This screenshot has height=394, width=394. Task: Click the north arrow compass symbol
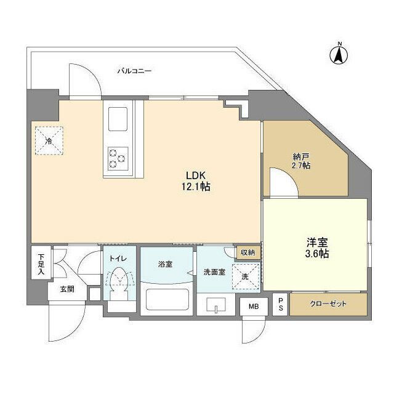tap(339, 53)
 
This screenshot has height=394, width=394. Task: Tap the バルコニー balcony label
tap(134, 71)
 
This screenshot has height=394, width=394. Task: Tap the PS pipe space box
tap(280, 304)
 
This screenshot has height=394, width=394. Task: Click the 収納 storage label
tap(248, 252)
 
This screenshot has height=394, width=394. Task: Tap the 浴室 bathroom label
tap(165, 265)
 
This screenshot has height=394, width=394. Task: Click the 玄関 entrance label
tap(67, 289)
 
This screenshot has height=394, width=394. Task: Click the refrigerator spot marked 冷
tap(49, 141)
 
